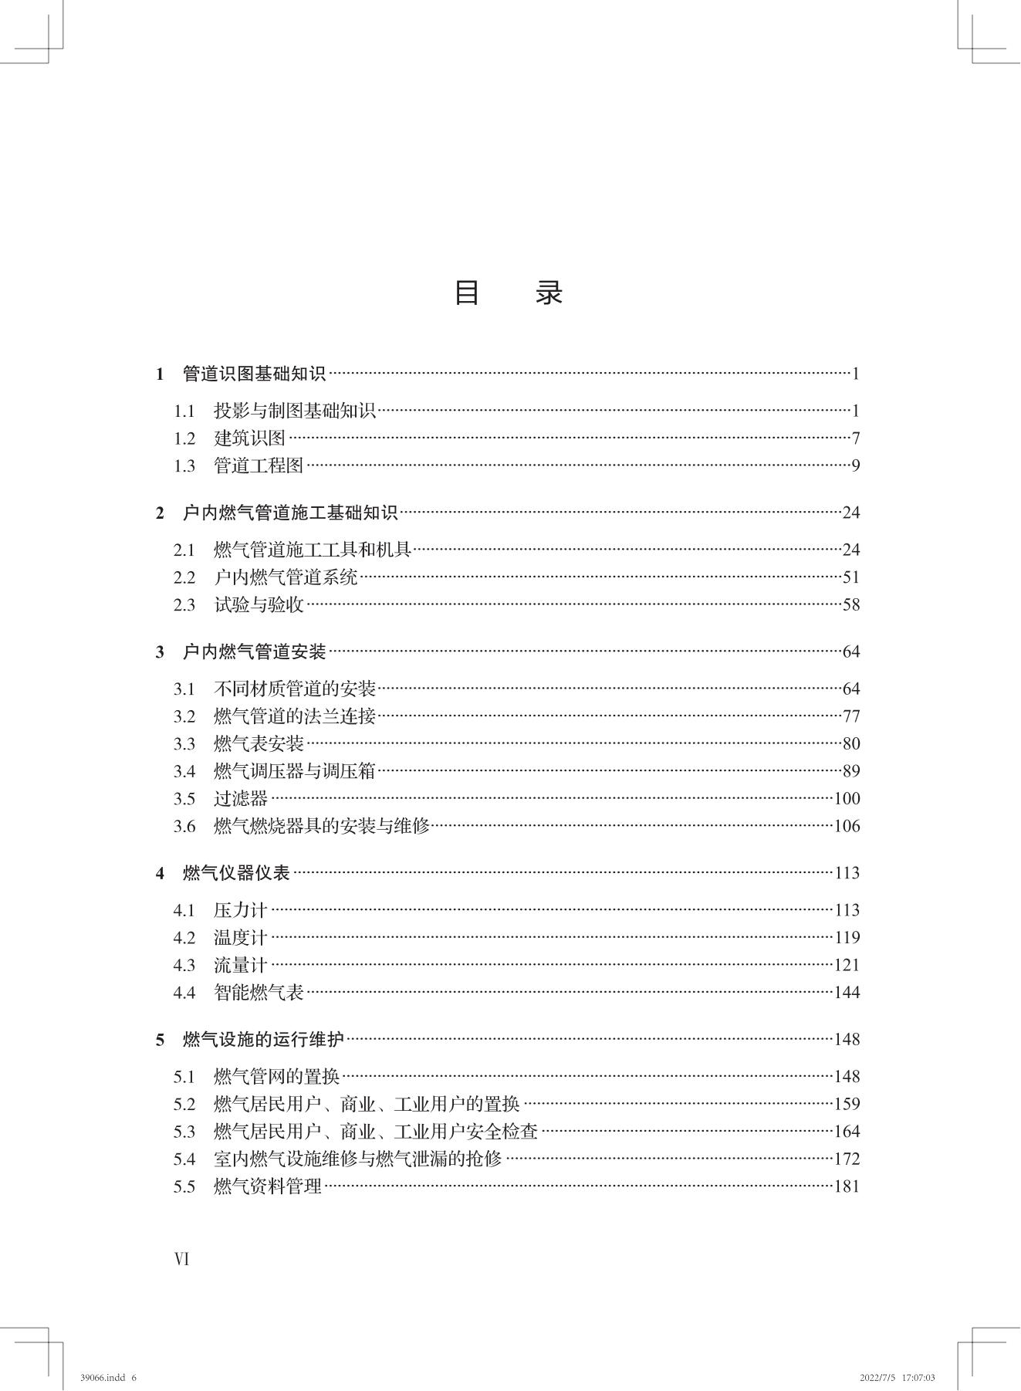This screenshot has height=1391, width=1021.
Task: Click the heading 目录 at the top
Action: pyautogui.click(x=509, y=293)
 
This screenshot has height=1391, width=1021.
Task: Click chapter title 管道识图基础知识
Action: pyautogui.click(x=254, y=374)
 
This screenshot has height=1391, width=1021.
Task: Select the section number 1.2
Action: pyautogui.click(x=184, y=438)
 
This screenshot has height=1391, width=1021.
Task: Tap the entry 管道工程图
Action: pyautogui.click(x=259, y=466)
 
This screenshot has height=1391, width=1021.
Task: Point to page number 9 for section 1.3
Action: pyautogui.click(x=855, y=466)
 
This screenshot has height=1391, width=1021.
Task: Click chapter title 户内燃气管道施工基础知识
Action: pyautogui.click(x=289, y=513)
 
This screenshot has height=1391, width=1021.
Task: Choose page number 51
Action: pyautogui.click(x=850, y=577)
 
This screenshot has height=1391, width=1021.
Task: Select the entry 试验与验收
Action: pyautogui.click(x=259, y=605)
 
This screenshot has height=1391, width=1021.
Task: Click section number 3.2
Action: pyautogui.click(x=184, y=716)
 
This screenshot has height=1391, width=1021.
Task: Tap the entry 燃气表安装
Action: pyautogui.click(x=259, y=744)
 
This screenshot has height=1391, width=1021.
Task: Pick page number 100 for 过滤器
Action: pyautogui.click(x=847, y=799)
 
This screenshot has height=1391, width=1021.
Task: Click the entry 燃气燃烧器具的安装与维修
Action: pyautogui.click(x=321, y=827)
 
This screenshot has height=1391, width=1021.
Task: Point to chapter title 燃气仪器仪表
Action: pyautogui.click(x=236, y=873)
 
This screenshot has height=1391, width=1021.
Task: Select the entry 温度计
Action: pyautogui.click(x=240, y=938)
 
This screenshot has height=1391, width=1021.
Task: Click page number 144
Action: pyautogui.click(x=847, y=993)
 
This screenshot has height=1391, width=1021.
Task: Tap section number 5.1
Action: pyautogui.click(x=184, y=1077)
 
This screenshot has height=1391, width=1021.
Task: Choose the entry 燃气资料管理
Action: pyautogui.click(x=267, y=1186)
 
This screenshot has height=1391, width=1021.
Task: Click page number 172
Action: pyautogui.click(x=847, y=1159)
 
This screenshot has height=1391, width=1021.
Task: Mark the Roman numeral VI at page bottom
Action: pyautogui.click(x=182, y=1259)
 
